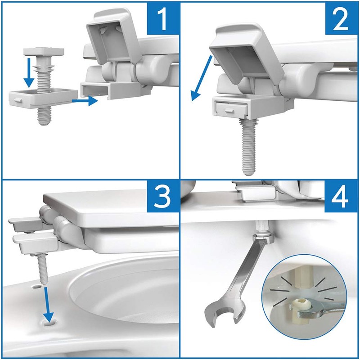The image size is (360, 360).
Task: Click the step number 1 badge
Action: point(163,18)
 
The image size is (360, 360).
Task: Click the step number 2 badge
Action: point(342,18)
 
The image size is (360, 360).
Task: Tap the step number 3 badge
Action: point(163,197)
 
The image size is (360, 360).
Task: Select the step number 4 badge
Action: point(341,197)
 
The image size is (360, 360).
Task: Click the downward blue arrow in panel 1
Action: point(29,72)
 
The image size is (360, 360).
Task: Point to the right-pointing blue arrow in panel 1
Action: point(85,101)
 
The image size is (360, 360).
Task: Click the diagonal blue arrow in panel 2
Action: point(202,78)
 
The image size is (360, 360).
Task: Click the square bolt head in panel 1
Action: point(44,51)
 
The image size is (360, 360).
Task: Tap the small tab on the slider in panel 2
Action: point(229,111)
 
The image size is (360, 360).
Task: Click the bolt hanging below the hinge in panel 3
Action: point(42,269)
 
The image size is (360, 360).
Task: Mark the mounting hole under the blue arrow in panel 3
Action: point(49,323)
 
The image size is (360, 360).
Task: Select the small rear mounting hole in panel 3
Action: point(36,287)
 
